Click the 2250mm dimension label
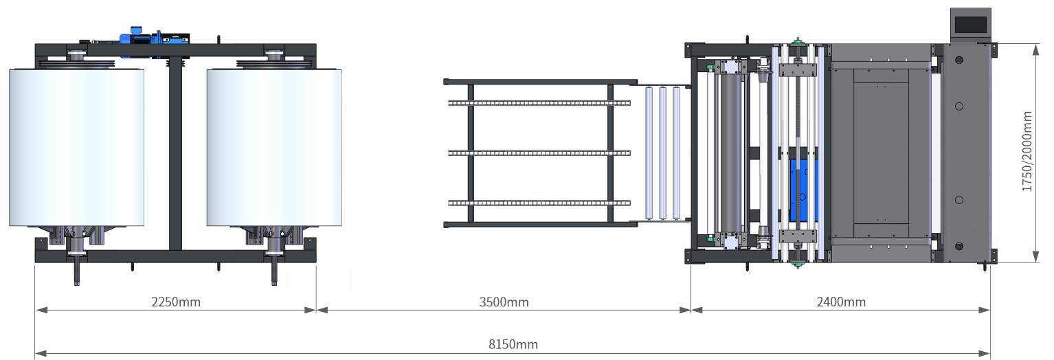coord(176,302)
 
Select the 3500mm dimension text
coord(504,302)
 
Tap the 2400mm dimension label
coord(841,302)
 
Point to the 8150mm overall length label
coord(513,344)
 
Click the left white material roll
coord(77,147)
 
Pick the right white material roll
coord(274,147)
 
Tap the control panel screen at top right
coord(969,25)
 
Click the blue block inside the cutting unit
coord(804,190)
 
